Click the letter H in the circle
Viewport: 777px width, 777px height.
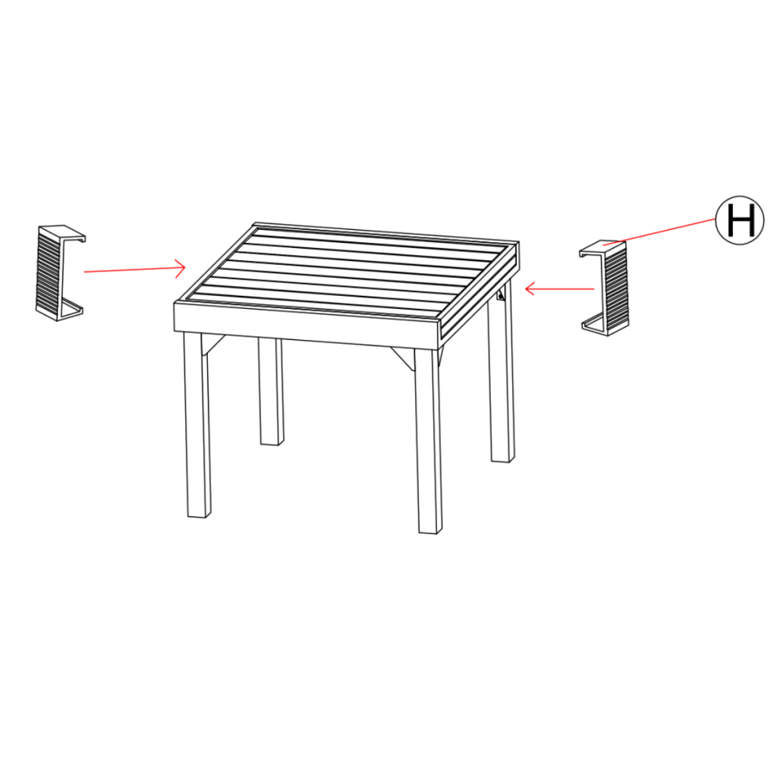point(741,220)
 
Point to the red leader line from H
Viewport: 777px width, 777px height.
point(660,232)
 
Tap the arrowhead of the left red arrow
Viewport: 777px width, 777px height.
point(182,266)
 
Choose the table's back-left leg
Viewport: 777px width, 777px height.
point(270,392)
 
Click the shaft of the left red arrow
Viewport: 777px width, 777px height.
point(129,269)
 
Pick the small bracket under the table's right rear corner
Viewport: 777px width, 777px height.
point(501,295)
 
